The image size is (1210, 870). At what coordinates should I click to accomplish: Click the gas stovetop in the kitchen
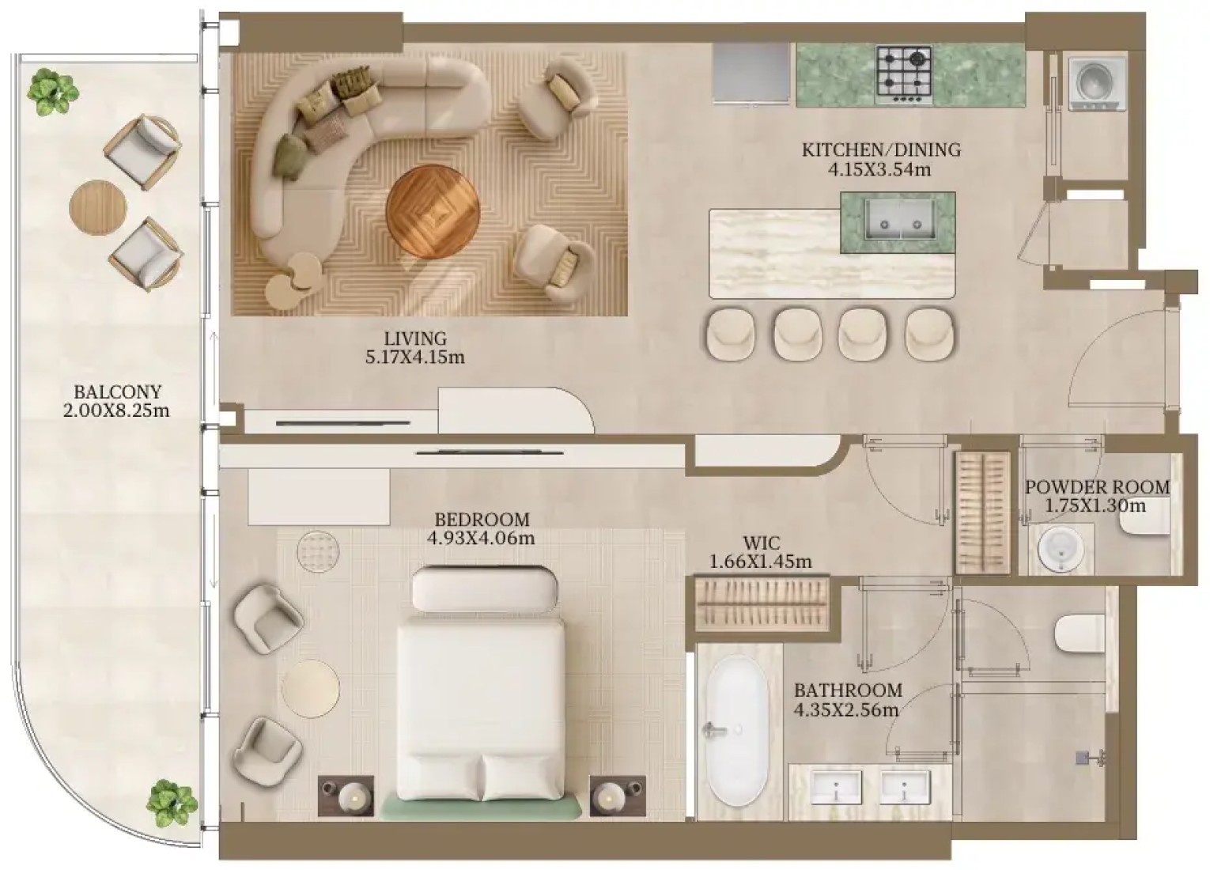click(x=904, y=76)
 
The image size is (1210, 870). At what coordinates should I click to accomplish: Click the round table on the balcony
click(x=98, y=207)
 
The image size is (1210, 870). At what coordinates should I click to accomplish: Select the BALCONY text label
click(x=118, y=391)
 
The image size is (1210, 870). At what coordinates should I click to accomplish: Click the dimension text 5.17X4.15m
click(x=415, y=357)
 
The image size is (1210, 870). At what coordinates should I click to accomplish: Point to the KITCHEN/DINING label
click(x=881, y=149)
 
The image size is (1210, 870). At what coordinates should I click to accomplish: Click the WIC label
click(x=761, y=543)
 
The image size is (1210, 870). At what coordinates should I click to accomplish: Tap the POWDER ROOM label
click(x=1097, y=487)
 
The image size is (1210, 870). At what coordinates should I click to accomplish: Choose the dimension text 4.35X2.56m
click(x=846, y=709)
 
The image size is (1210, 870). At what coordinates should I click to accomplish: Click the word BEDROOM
click(x=482, y=520)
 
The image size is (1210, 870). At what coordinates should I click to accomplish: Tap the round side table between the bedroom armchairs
click(x=310, y=688)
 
